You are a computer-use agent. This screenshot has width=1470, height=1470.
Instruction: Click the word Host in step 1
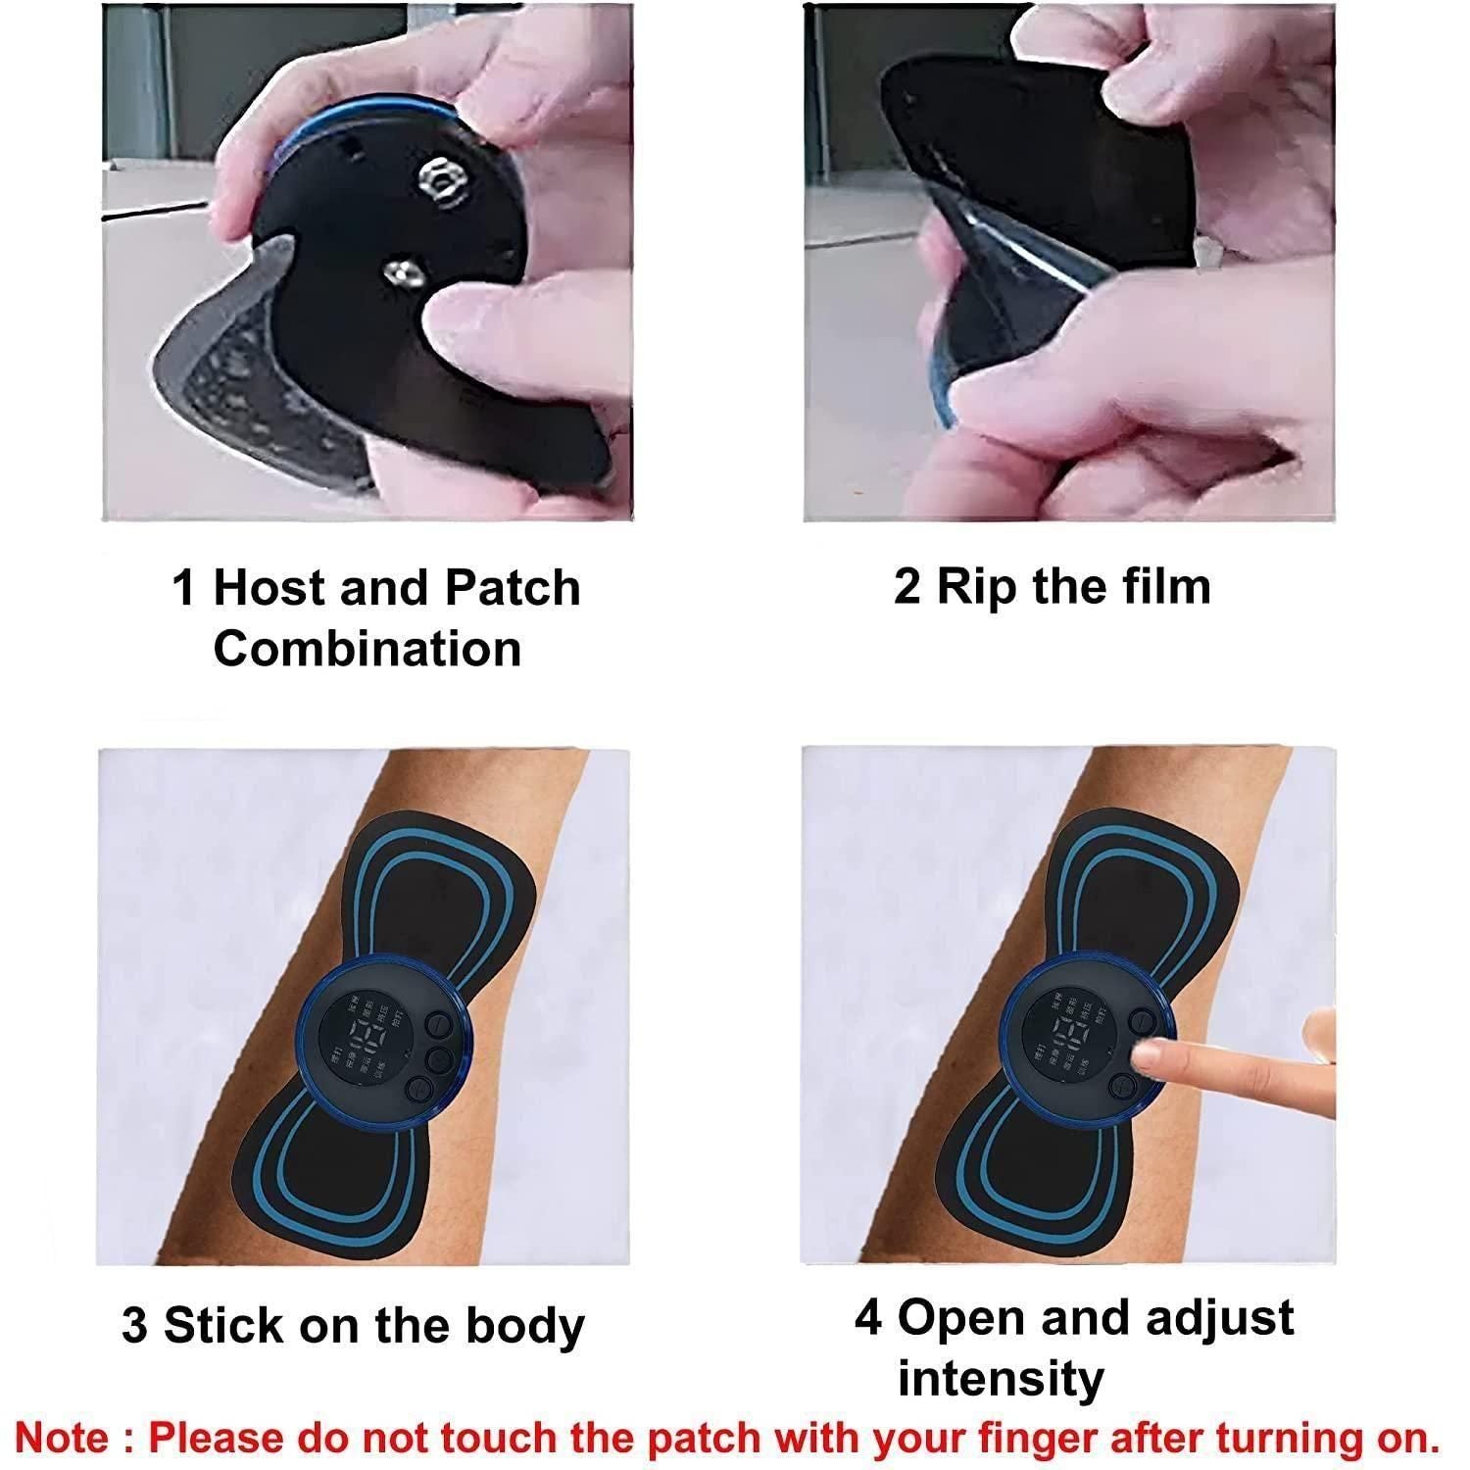[x=269, y=588]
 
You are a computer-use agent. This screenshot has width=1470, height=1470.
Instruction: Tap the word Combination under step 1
[x=367, y=649]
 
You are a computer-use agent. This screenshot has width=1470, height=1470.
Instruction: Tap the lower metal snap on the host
[x=401, y=269]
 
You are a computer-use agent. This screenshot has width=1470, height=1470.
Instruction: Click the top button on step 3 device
[x=437, y=1025]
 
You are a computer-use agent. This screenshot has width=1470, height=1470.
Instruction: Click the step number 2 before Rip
[x=906, y=586]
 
